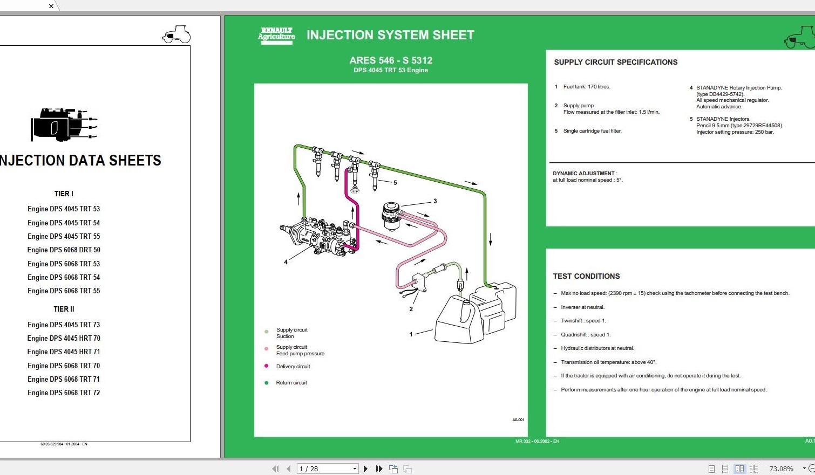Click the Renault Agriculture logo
click(276, 35)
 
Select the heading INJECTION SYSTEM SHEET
click(390, 35)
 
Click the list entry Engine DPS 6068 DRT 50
click(64, 250)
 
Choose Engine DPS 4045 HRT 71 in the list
click(64, 352)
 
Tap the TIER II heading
click(64, 309)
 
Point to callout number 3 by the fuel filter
click(435, 201)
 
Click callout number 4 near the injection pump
click(286, 262)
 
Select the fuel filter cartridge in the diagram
click(391, 216)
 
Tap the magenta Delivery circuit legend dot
click(266, 366)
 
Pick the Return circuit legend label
click(291, 383)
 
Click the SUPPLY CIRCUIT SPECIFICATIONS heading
click(615, 63)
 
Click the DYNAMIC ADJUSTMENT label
click(583, 174)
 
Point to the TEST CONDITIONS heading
click(586, 277)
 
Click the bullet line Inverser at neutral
click(582, 307)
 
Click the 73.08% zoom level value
click(781, 469)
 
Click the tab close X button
click(51, 6)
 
